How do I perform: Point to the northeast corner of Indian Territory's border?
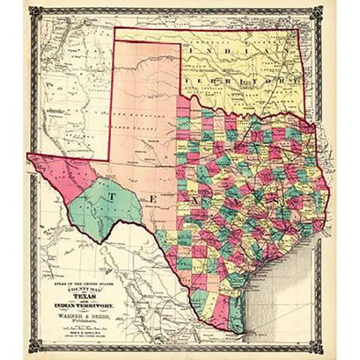click(298, 29)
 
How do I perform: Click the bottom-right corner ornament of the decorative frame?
click(328, 351)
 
